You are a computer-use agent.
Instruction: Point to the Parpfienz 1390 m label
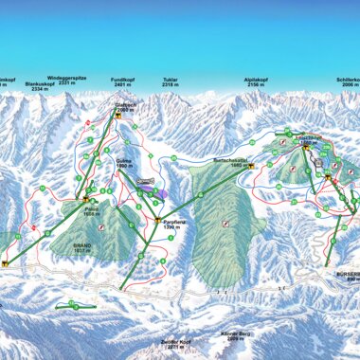pos(171,225)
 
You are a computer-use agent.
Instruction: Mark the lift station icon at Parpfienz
pos(157,221)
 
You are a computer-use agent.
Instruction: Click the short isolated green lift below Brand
pos(72,305)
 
